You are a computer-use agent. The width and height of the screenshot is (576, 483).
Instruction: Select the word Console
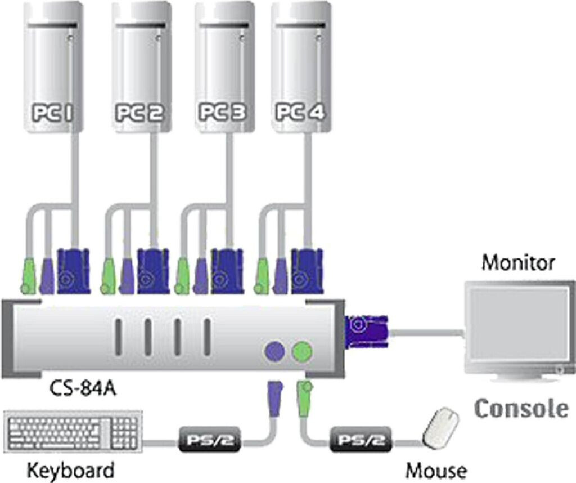coord(521,408)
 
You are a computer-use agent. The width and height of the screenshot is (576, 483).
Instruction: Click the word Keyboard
coord(70,469)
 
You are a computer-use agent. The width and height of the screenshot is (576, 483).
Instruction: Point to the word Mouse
coord(436,469)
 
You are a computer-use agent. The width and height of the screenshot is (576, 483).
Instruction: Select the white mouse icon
coord(440,428)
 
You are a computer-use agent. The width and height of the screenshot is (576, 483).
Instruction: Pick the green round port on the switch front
coord(302,352)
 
